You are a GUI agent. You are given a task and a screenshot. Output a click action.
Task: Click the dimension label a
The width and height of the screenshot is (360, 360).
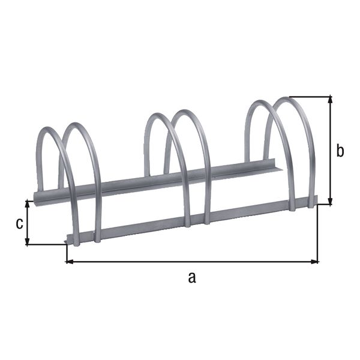pyautogui.click(x=191, y=277)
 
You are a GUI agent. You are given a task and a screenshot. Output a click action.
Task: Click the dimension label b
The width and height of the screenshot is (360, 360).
pyautogui.click(x=340, y=151)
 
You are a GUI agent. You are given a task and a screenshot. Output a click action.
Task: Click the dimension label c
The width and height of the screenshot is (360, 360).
pyautogui.click(x=19, y=223)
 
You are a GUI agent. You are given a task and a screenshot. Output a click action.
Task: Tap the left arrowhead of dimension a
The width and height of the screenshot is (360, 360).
pyautogui.click(x=69, y=262)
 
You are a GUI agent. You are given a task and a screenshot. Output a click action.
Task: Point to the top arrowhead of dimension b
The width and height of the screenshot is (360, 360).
pyautogui.click(x=329, y=100)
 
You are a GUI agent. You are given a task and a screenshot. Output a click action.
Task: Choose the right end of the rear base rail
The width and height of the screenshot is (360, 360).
pyautogui.click(x=281, y=166)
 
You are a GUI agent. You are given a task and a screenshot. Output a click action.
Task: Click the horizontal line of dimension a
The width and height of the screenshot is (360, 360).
pyautogui.click(x=192, y=262)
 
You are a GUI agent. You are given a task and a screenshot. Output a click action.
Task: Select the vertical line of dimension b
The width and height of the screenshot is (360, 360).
pyautogui.click(x=329, y=150)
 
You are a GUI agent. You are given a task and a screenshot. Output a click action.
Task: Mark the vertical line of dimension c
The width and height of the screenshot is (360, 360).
pyautogui.click(x=28, y=222)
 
